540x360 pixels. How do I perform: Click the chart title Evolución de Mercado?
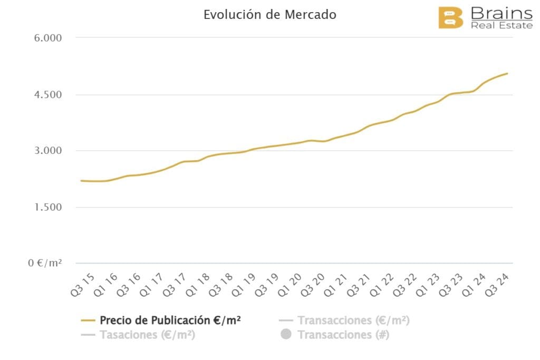[269, 15]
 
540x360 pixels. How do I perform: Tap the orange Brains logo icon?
[450, 18]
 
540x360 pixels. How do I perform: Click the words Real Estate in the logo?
[501, 25]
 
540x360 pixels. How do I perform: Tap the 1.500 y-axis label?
[48, 207]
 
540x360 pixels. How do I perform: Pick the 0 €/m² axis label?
[45, 263]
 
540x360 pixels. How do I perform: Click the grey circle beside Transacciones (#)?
[286, 335]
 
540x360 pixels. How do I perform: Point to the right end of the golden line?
[507, 73]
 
